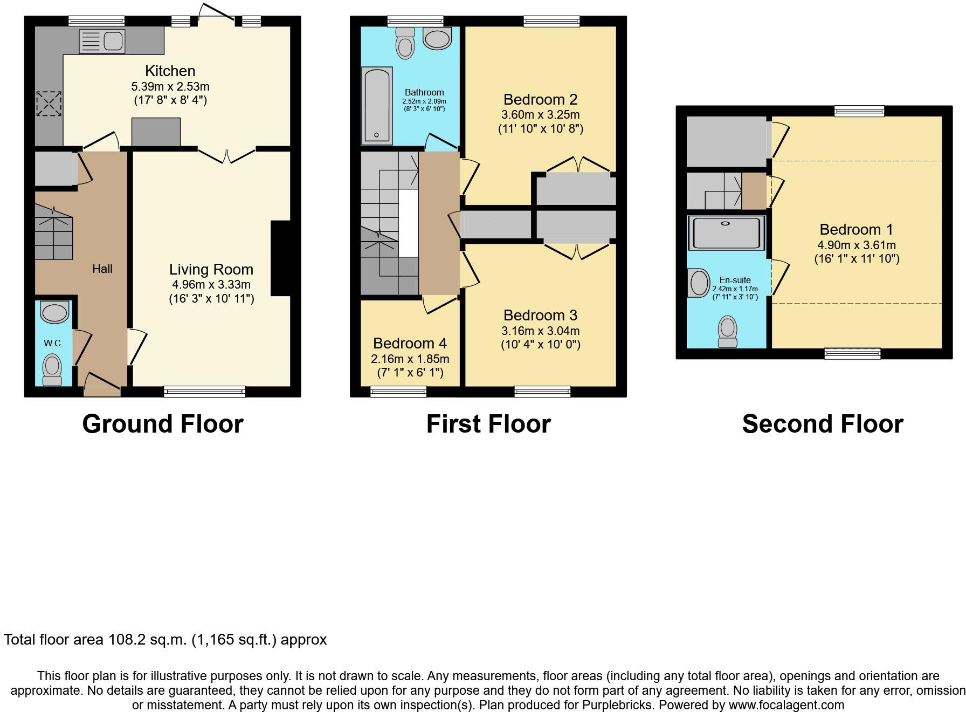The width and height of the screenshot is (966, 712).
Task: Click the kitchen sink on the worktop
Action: [x=102, y=42]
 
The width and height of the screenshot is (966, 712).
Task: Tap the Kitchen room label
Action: [x=170, y=71]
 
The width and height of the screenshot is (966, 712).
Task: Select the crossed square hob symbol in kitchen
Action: [x=49, y=104]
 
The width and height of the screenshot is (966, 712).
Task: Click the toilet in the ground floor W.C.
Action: [x=52, y=369]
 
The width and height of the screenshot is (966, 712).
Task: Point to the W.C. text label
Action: [x=53, y=343]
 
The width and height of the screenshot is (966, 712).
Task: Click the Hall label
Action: [x=102, y=269]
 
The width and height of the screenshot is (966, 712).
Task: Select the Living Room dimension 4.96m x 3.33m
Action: [x=211, y=284]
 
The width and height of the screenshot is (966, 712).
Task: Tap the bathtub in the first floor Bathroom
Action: [x=377, y=105]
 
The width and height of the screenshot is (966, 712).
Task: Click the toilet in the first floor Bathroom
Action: [x=405, y=44]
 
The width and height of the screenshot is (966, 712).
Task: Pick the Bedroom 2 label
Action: [x=540, y=99]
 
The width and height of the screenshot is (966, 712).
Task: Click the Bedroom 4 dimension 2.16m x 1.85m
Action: [x=410, y=359]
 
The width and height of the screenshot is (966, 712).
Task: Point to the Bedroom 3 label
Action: [x=540, y=315]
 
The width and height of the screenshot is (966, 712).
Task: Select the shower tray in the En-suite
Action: [x=726, y=233]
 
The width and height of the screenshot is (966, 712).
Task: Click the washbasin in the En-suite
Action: [x=699, y=283]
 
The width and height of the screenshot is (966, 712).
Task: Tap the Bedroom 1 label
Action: [x=856, y=229]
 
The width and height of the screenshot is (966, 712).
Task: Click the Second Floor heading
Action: [x=822, y=424]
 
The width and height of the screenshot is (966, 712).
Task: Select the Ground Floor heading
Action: [x=162, y=424]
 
